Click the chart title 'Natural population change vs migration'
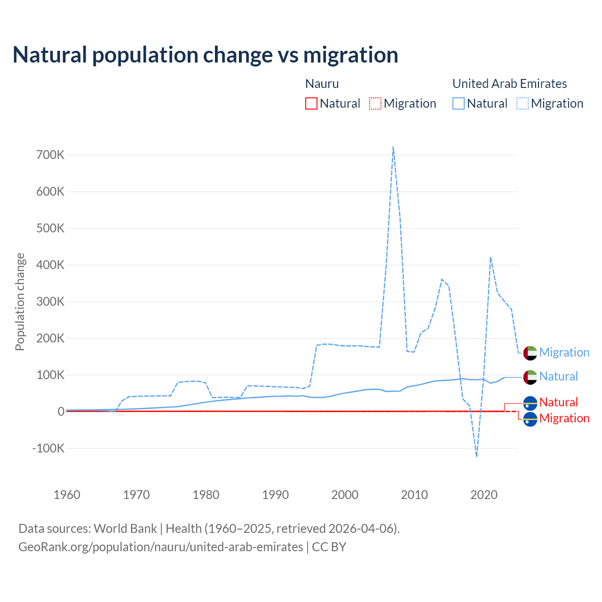click(206, 55)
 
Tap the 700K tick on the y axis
click(50, 155)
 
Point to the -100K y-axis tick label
click(48, 448)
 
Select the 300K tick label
click(50, 301)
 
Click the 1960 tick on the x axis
click(67, 495)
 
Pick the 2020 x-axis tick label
click(484, 495)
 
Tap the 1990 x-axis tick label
click(276, 495)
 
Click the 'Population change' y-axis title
click(20, 301)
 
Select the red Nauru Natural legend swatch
click(311, 103)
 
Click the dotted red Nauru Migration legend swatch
click(375, 103)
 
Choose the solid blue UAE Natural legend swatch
click(459, 103)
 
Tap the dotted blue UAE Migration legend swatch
click(523, 103)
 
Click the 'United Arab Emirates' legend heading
click(509, 84)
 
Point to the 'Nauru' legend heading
click(322, 84)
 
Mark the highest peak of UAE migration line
click(393, 147)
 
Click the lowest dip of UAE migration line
click(476, 456)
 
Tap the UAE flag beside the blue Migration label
click(530, 353)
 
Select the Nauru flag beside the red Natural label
click(530, 403)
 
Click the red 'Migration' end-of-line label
click(564, 418)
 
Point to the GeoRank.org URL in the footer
click(161, 547)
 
